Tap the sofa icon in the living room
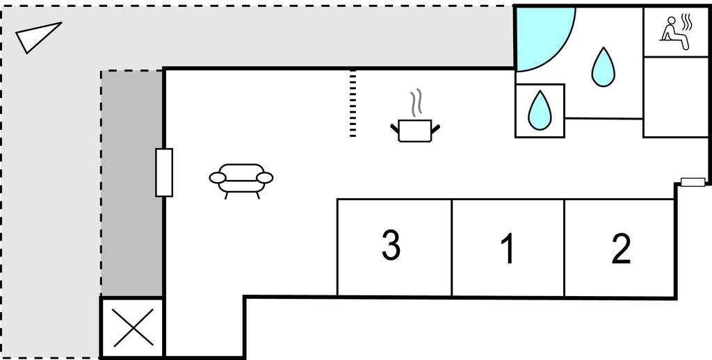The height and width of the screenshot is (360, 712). click(x=241, y=179)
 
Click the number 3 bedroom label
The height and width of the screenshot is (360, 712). click(x=391, y=246)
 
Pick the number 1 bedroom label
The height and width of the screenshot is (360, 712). click(x=508, y=249)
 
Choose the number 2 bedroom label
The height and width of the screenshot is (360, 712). click(x=620, y=249)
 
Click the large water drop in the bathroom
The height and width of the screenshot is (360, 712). click(x=603, y=67)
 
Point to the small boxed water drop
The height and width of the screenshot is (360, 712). click(x=540, y=111)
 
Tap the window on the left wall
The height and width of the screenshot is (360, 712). click(x=164, y=172)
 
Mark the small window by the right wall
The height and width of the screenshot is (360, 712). click(x=693, y=182)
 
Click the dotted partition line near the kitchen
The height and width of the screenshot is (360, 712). click(x=353, y=103)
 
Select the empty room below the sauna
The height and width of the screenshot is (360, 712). click(x=672, y=97)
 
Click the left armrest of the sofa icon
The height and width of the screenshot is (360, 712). click(x=217, y=179)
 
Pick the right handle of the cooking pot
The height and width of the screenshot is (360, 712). click(x=437, y=126)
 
